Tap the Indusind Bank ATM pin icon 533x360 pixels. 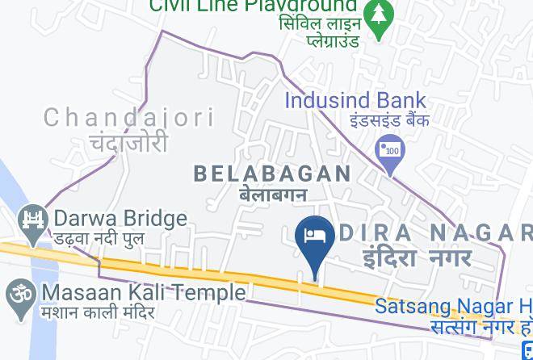tap(391, 151)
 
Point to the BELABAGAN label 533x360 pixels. tap(272, 173)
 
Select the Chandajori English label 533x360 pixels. tap(128, 118)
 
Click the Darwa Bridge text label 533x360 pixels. tap(120, 218)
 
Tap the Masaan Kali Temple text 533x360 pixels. tap(144, 291)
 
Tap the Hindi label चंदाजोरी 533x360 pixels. tap(129, 143)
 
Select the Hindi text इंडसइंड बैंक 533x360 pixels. tap(389, 120)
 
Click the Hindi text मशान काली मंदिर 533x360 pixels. tap(99, 312)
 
